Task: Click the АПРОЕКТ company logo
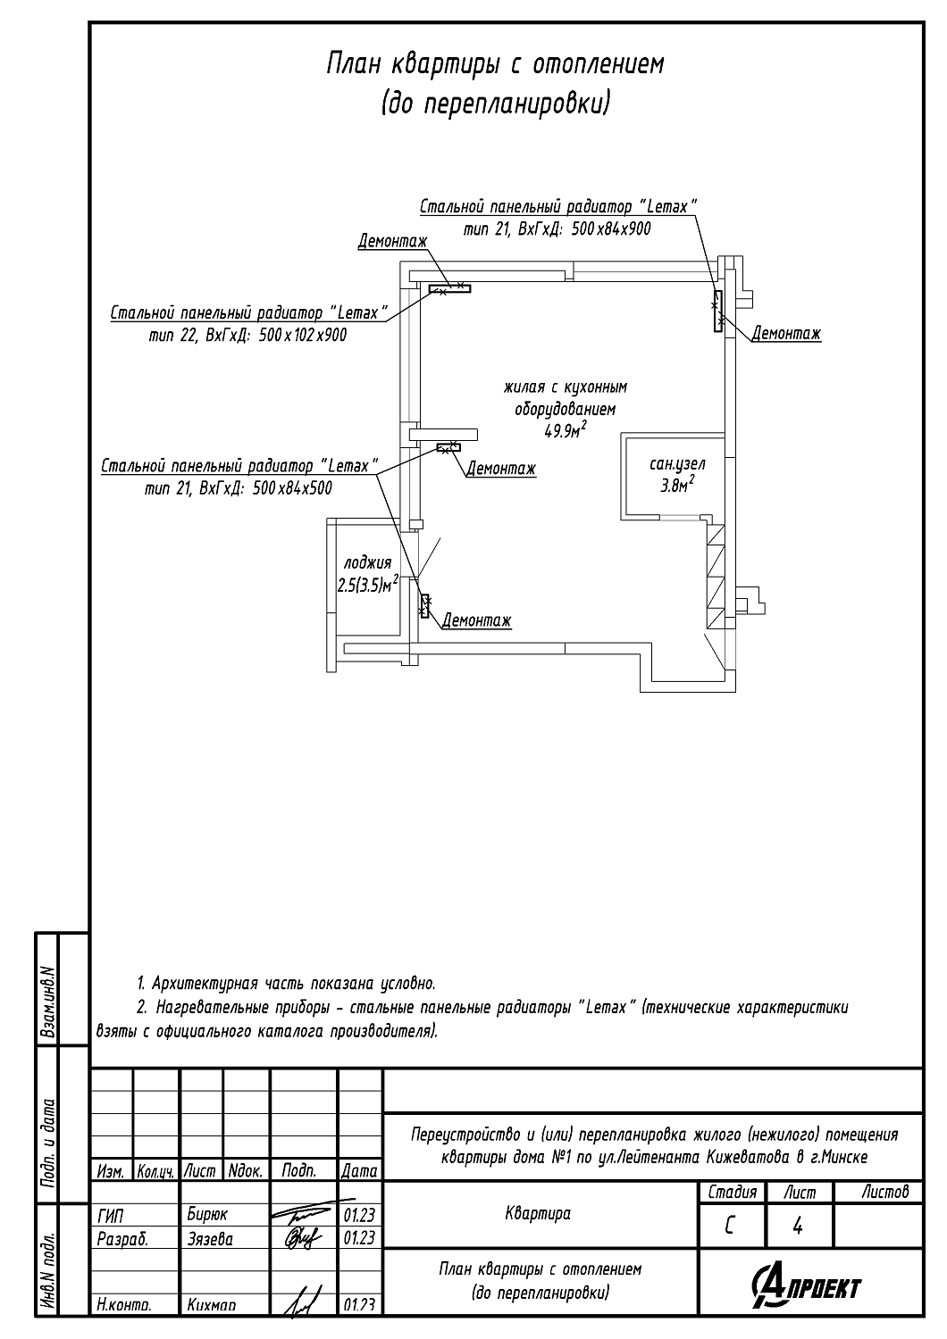[808, 1287]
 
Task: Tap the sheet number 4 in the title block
[798, 1227]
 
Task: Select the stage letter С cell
[730, 1227]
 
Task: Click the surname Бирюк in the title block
[207, 1215]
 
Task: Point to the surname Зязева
[210, 1238]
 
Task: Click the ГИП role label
[110, 1215]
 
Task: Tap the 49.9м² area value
[565, 431]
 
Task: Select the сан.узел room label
[677, 464]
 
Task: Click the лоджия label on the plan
[367, 563]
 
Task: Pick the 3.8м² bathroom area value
[677, 486]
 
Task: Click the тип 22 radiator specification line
[247, 336]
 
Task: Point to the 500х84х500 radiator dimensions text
[292, 488]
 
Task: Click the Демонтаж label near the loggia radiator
[476, 620]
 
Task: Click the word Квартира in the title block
[538, 1213]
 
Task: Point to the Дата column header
[360, 1170]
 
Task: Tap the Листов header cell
[885, 1192]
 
